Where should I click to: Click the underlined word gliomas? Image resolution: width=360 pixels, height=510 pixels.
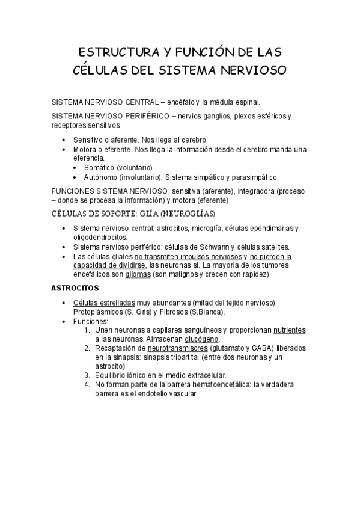coord(138,275)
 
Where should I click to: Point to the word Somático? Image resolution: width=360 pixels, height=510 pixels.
coord(99,167)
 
